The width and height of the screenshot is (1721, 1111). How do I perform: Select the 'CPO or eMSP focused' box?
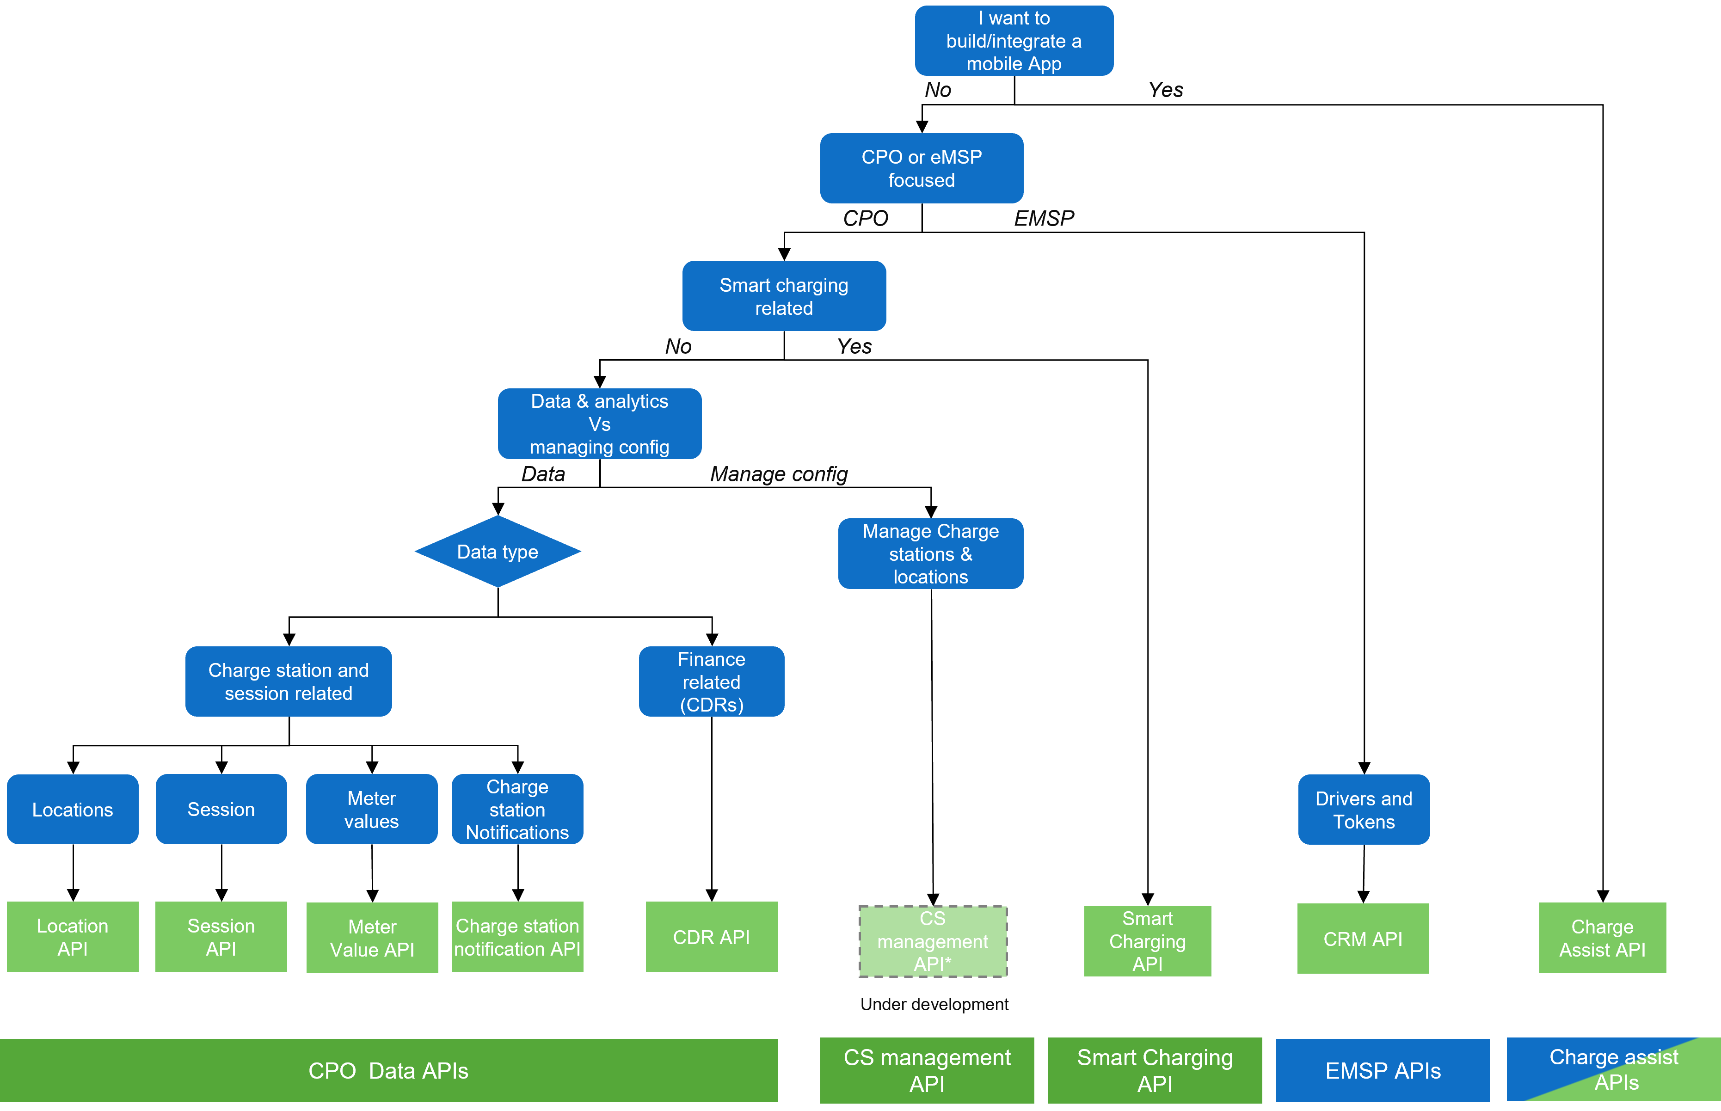point(921,168)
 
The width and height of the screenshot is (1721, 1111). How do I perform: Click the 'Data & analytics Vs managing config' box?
point(599,424)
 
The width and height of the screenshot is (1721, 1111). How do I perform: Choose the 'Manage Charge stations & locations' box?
point(930,553)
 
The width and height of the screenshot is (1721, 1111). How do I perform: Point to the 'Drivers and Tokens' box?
point(1363,810)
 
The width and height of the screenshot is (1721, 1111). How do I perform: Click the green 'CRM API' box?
point(1363,938)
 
